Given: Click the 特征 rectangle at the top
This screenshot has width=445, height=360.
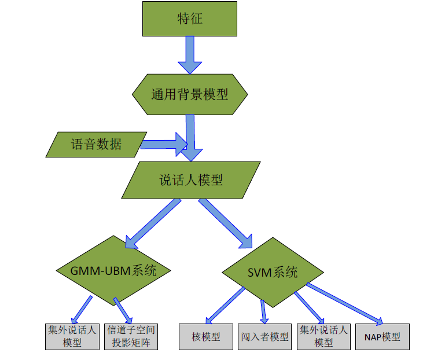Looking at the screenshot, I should point(189,19).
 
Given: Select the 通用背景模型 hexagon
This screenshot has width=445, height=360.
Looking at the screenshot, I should point(190,94).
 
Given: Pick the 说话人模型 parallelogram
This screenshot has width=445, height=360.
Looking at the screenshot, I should point(190,180).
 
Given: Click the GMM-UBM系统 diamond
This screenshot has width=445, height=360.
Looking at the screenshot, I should point(113,270).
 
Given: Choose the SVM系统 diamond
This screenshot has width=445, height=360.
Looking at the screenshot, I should point(272,271).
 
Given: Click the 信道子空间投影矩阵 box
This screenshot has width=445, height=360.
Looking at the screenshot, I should point(131,336).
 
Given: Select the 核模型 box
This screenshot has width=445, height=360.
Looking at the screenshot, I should point(205,336).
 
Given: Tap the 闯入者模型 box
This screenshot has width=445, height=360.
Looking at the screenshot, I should point(264,336).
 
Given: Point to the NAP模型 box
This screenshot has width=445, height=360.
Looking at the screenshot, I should point(382,336).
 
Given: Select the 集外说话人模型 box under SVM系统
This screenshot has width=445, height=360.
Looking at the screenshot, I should point(323,336).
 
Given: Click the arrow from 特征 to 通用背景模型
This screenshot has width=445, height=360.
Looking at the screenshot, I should point(189,55).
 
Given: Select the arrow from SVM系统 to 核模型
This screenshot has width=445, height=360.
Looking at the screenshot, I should point(226,304).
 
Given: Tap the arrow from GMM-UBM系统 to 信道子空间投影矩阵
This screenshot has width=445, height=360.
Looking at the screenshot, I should point(123,310).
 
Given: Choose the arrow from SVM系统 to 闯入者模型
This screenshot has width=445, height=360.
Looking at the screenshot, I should point(263,311).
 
